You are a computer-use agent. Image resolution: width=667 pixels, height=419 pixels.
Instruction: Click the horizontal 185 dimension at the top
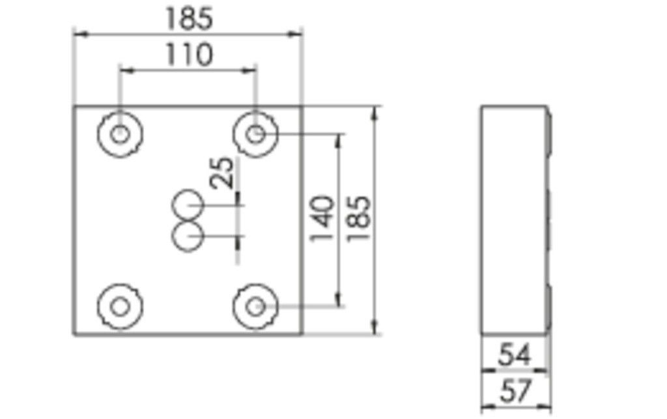click(x=188, y=19)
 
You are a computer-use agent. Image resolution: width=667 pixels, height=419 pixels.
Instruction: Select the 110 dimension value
click(x=188, y=55)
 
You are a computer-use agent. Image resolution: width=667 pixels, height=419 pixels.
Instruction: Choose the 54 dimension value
click(x=515, y=356)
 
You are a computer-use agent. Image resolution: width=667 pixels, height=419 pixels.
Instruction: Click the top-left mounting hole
click(x=120, y=134)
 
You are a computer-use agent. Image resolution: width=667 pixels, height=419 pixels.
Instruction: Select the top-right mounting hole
click(x=256, y=134)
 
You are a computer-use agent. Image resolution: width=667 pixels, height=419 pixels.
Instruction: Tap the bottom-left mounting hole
click(x=120, y=306)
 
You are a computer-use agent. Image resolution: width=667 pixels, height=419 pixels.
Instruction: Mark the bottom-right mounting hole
click(x=256, y=306)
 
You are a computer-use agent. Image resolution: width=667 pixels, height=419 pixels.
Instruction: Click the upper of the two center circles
click(x=188, y=205)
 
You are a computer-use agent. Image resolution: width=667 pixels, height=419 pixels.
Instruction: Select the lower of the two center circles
click(x=188, y=236)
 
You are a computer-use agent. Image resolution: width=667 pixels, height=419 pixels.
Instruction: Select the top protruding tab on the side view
click(x=549, y=134)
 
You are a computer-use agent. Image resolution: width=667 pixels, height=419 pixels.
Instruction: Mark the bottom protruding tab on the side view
click(x=549, y=306)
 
